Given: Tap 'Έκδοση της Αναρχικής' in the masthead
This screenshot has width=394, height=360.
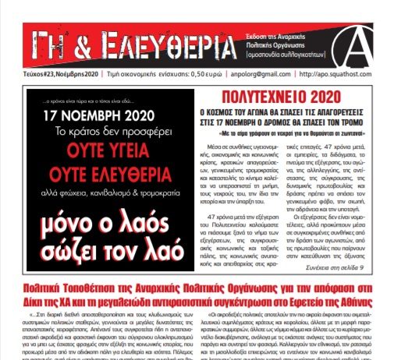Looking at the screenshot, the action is [x=251, y=27].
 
